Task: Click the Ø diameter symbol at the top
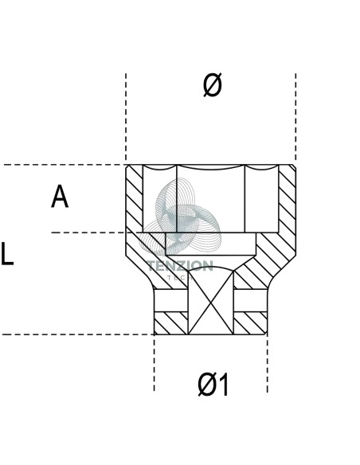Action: coord(213,85)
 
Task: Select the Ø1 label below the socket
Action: coord(213,385)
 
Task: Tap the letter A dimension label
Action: coord(60,197)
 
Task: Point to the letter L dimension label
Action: coord(7,253)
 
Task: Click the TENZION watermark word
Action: coord(180,266)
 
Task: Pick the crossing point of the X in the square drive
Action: coord(211,303)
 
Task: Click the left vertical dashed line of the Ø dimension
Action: coord(126,118)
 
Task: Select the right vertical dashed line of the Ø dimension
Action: coord(295,118)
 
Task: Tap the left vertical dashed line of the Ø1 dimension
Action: coord(155,363)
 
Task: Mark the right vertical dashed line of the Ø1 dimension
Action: coord(267,363)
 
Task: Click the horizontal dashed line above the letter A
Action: coord(63,165)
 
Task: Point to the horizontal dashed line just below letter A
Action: coord(88,232)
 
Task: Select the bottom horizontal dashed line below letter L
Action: coord(78,334)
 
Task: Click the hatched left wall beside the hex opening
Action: coord(135,197)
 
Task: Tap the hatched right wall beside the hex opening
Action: coord(287,198)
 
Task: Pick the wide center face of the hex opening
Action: coord(210,200)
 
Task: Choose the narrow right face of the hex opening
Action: coord(261,200)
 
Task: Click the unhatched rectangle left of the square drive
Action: coord(171,300)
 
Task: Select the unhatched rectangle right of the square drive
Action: coord(250,300)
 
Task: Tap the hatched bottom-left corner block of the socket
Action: coord(171,323)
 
